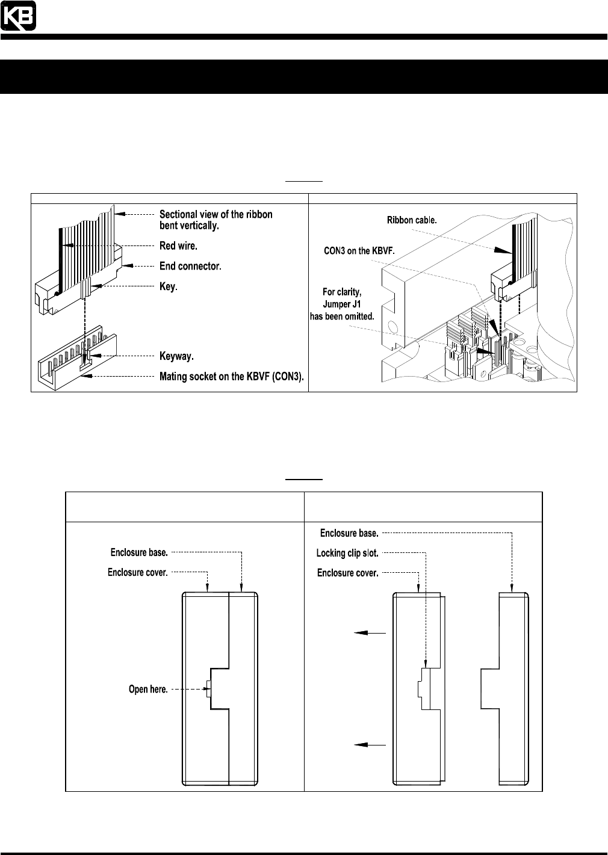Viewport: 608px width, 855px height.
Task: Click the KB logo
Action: pos(18,16)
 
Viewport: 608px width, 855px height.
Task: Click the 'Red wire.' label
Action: pos(178,245)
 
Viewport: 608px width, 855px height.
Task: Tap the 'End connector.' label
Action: pos(190,266)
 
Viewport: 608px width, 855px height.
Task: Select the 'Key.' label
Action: pos(168,287)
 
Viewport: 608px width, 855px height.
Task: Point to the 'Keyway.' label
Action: pos(176,357)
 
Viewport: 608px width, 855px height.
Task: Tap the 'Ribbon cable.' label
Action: pos(412,221)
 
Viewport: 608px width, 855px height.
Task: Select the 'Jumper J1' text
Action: pos(341,304)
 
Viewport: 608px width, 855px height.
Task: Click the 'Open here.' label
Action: pos(148,689)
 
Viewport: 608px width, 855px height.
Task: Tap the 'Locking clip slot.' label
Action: pos(347,553)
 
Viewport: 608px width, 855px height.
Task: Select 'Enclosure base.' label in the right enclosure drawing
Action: pos(349,533)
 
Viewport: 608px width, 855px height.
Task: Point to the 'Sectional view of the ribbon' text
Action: pos(216,214)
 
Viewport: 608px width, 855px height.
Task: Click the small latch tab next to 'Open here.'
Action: pos(208,689)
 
